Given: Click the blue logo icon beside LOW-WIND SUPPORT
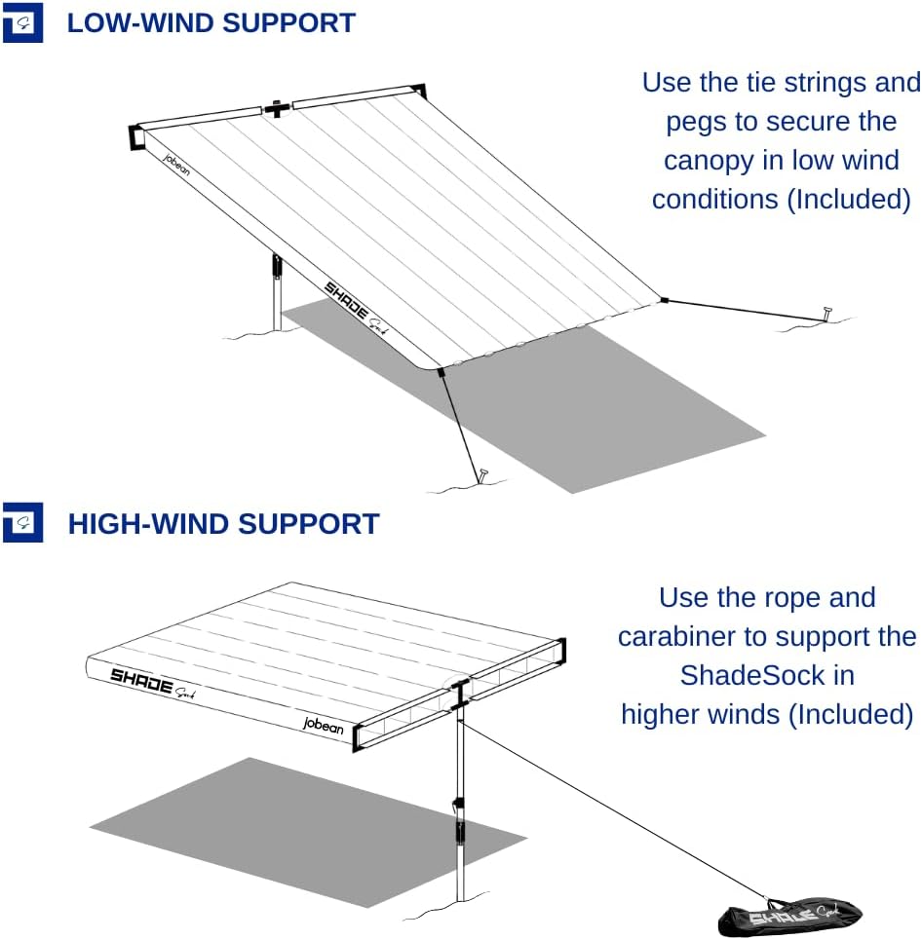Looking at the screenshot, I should [22, 23].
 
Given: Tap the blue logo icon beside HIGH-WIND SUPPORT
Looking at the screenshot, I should [22, 523].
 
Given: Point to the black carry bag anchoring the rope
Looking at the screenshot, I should [789, 917].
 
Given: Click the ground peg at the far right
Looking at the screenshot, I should [827, 314].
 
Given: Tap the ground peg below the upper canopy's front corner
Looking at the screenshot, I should [482, 476].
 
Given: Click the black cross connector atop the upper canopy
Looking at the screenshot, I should [278, 108].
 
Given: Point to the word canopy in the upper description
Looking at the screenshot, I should [708, 160].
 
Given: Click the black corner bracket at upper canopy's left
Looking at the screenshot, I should [135, 137].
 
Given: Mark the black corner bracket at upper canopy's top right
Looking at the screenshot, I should [417, 91].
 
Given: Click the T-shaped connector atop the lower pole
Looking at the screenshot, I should [457, 695].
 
